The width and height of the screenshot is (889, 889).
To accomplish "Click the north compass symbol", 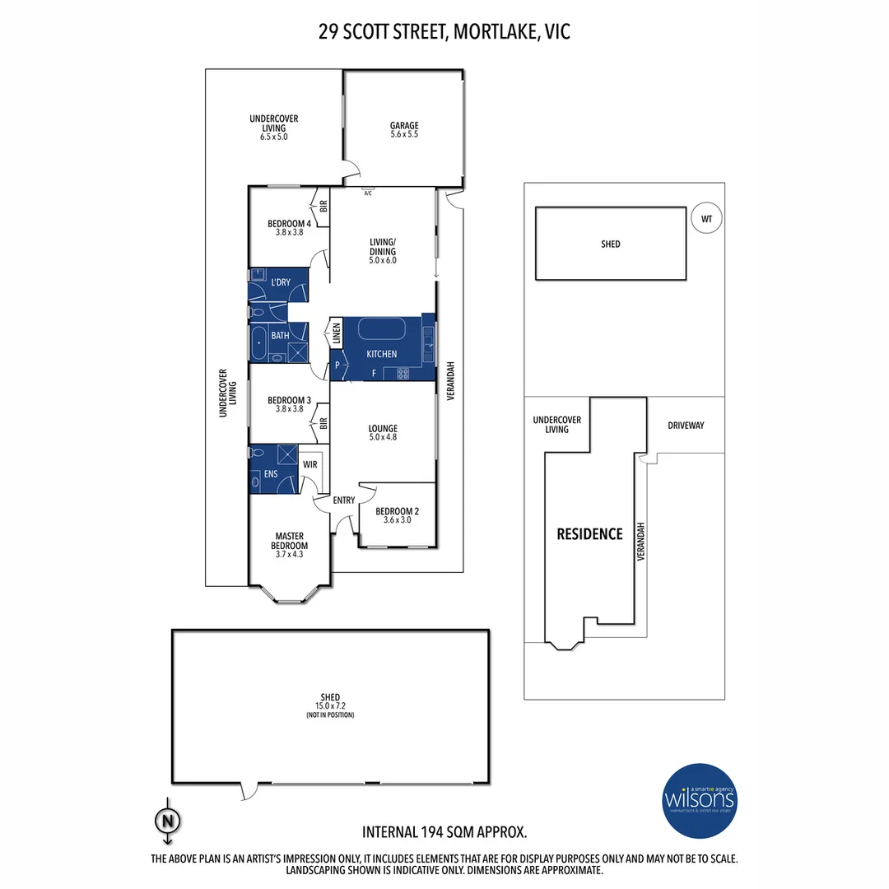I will click(x=167, y=820).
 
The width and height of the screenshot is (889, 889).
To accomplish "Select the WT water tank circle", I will click(x=705, y=219).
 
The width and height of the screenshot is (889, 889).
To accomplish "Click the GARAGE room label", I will click(x=404, y=126).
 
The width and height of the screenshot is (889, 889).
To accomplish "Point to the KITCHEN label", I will click(x=382, y=354).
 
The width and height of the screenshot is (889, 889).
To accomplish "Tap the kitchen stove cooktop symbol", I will click(x=403, y=374).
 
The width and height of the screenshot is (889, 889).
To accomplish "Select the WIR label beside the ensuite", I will click(x=310, y=465).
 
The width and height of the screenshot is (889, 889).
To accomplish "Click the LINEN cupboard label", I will click(x=337, y=334).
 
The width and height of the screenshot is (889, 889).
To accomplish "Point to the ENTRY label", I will click(x=344, y=500).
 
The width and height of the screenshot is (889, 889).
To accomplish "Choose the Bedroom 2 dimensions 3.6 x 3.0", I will click(x=397, y=520).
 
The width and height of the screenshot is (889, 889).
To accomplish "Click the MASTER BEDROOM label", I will click(x=290, y=541).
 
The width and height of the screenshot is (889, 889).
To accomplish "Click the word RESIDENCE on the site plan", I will click(x=589, y=533).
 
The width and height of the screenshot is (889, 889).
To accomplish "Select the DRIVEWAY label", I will click(x=686, y=426).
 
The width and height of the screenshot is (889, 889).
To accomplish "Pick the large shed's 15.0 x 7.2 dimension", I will click(x=330, y=706).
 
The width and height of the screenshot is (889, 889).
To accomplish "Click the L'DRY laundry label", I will click(x=281, y=282).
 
